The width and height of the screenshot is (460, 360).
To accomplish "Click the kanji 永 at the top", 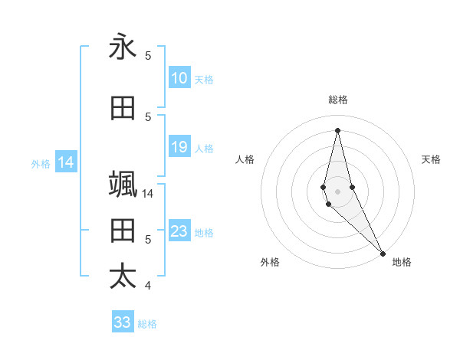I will (x=123, y=47).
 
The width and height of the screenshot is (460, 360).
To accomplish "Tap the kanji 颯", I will (x=123, y=184).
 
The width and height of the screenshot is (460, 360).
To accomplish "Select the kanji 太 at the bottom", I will (x=123, y=276).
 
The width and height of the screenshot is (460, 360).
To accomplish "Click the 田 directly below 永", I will (x=123, y=109).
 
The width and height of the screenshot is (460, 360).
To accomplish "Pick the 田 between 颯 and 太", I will (x=123, y=230).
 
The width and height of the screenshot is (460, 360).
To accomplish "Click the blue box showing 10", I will (x=179, y=78).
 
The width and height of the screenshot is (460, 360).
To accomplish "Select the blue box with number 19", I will (x=179, y=147).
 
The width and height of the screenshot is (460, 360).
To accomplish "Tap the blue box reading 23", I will (x=179, y=231).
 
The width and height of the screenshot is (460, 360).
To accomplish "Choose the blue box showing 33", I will (x=123, y=322).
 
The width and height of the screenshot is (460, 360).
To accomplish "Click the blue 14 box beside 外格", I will (x=66, y=162).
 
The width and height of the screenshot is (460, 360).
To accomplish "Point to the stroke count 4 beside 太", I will (x=148, y=286).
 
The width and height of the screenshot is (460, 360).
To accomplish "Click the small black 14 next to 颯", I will (x=148, y=193).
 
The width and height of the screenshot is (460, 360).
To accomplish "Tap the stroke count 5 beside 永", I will (x=148, y=56).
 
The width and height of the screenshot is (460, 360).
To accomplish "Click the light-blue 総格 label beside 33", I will (x=147, y=324).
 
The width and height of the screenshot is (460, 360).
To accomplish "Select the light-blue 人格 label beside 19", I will (x=204, y=148).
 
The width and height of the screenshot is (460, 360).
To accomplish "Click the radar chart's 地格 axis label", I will (x=402, y=262).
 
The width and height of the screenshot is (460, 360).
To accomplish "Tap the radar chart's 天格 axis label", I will (x=432, y=159).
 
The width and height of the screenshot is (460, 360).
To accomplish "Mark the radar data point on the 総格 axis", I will (x=337, y=130).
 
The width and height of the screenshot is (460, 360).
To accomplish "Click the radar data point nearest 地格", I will (x=383, y=253).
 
